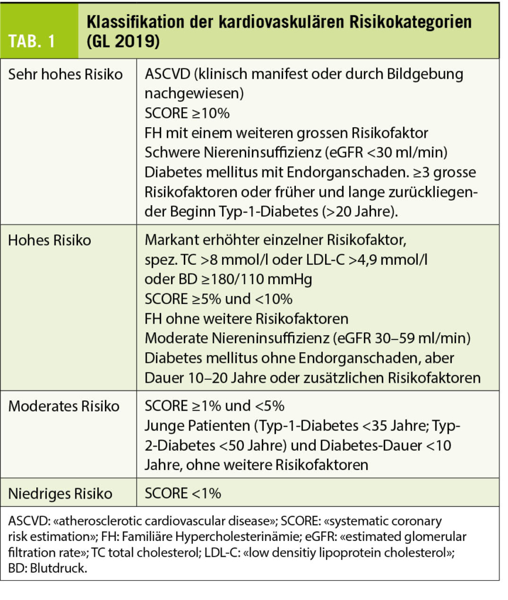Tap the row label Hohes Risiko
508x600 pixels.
point(50,241)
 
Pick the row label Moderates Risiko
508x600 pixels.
point(64,406)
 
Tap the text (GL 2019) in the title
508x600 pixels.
point(124,42)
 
